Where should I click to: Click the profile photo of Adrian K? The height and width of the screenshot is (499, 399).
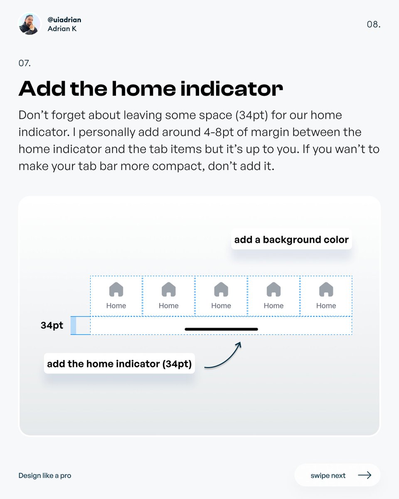click(30, 24)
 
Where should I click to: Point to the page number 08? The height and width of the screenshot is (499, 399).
click(373, 25)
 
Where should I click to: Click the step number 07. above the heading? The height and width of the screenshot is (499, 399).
click(25, 64)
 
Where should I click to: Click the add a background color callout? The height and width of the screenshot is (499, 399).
click(291, 240)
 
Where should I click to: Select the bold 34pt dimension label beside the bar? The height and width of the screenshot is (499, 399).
click(52, 325)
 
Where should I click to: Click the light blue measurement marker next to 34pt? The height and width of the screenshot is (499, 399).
click(74, 325)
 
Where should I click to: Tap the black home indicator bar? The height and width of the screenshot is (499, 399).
click(221, 329)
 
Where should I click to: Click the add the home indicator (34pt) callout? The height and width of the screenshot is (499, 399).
click(119, 364)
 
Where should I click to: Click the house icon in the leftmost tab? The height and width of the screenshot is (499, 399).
click(116, 289)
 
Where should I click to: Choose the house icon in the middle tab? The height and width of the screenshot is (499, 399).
click(221, 289)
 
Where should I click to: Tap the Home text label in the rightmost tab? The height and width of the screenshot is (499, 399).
click(326, 306)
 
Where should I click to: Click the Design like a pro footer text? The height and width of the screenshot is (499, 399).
click(45, 475)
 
